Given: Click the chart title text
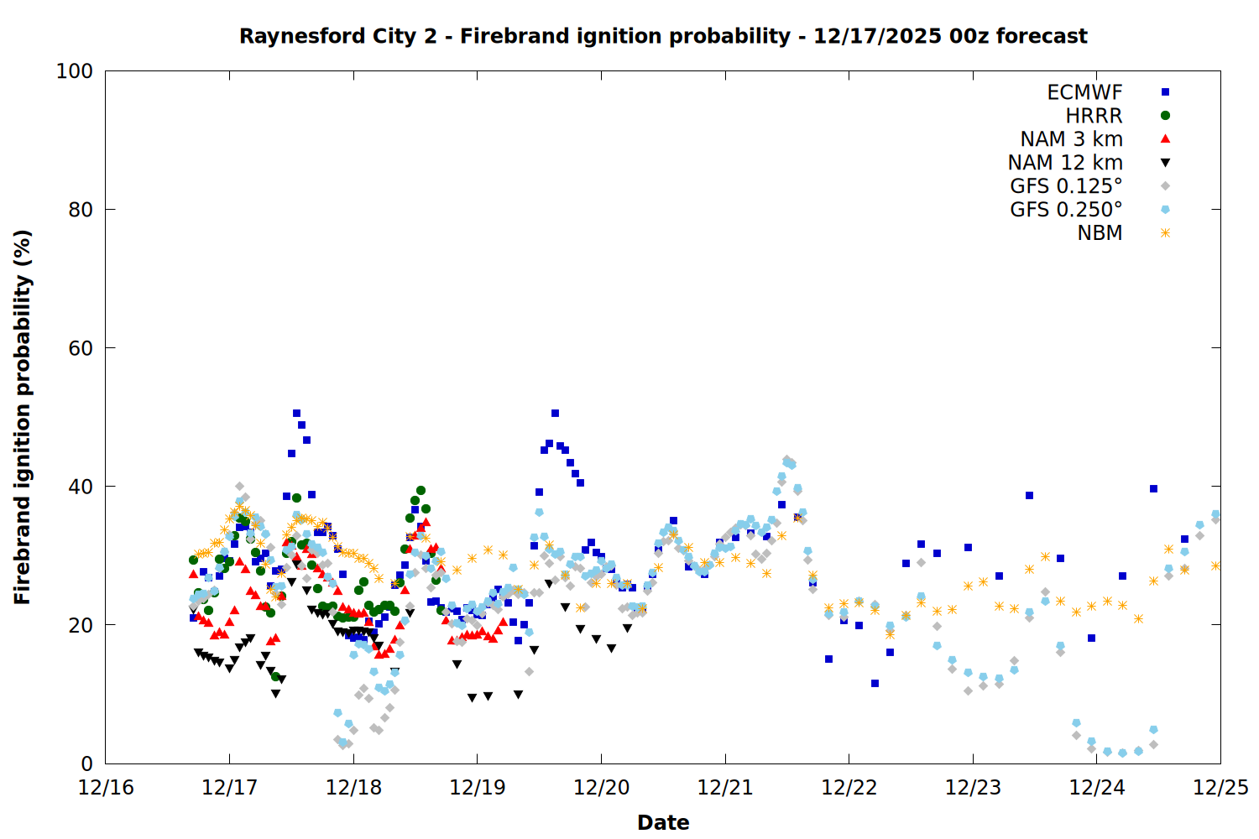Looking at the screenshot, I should (x=663, y=36).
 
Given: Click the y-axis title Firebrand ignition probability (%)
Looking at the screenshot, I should (x=23, y=417).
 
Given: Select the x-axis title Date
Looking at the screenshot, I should (x=663, y=822).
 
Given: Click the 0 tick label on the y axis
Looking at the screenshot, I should (x=86, y=763).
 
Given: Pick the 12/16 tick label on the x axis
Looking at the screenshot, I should (x=106, y=788).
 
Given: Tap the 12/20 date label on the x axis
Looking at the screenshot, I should (x=601, y=788).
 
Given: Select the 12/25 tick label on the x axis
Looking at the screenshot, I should (x=1220, y=788).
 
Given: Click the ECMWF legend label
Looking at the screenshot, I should (x=1084, y=92).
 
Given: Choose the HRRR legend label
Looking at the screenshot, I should (x=1094, y=116).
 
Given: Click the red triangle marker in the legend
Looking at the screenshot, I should (x=1165, y=139).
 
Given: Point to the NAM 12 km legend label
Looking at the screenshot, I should (x=1065, y=163).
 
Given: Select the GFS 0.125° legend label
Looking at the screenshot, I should (x=1066, y=186).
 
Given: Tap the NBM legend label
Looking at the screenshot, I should (x=1100, y=233).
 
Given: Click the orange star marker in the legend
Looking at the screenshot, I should (x=1165, y=233).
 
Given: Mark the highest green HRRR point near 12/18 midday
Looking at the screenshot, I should (x=421, y=490).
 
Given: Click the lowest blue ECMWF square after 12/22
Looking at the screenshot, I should (x=875, y=683).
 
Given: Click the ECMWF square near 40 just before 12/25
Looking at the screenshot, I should (x=1153, y=488).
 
